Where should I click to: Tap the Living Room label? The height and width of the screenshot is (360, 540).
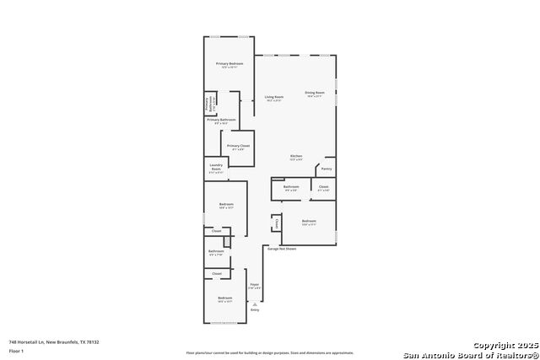(274, 97)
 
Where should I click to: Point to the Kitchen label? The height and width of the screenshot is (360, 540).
(296, 156)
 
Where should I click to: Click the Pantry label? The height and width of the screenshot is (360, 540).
(327, 169)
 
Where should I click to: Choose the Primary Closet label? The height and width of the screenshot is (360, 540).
(239, 146)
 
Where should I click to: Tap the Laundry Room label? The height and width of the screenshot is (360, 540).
(216, 168)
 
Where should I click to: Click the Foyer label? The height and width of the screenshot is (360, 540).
(255, 285)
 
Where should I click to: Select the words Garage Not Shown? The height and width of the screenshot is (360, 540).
(282, 249)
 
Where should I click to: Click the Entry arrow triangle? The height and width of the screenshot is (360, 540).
(255, 304)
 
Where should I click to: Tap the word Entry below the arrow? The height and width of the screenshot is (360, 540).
(255, 310)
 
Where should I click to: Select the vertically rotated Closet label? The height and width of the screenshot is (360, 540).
(276, 223)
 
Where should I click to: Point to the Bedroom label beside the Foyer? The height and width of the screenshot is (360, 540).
(224, 298)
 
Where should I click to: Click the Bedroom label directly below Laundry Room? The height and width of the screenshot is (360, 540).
(226, 204)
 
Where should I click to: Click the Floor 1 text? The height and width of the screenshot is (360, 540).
(17, 350)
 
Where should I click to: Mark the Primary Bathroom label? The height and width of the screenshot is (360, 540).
(222, 120)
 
